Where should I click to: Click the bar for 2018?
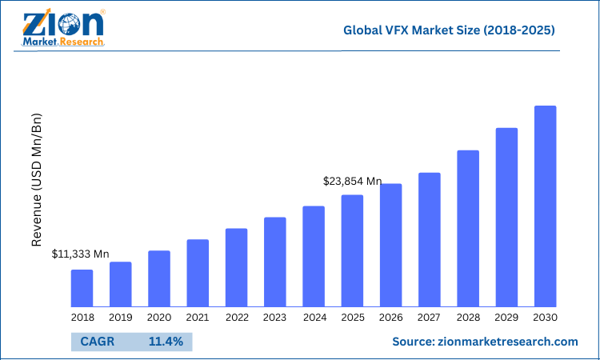click(82, 288)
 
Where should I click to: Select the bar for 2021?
click(198, 273)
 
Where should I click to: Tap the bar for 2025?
click(352, 250)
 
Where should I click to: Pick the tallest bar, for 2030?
click(545, 206)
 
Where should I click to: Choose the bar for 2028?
click(468, 228)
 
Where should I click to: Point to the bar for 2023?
click(275, 262)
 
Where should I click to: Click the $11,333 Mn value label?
click(80, 254)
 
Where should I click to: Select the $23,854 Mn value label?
click(352, 182)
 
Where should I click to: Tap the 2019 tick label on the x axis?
click(120, 318)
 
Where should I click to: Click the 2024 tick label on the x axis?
click(314, 318)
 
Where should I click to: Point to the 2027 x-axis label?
click(430, 318)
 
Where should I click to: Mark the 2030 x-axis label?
click(545, 318)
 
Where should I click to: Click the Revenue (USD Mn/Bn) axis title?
click(37, 180)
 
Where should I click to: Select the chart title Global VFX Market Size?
click(449, 31)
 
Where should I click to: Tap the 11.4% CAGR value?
click(166, 342)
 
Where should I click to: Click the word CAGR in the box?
click(97, 342)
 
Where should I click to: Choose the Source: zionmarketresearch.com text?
click(485, 342)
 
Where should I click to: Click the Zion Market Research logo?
click(64, 30)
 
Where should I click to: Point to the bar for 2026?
click(390, 245)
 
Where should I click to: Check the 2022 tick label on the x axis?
click(236, 318)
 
